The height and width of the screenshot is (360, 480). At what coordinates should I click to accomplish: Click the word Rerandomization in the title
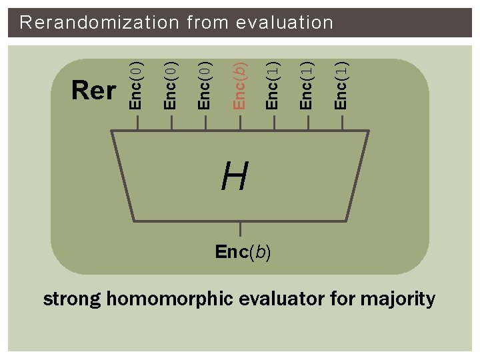pos(99,23)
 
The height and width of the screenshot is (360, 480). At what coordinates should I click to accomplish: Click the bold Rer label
pos(93,90)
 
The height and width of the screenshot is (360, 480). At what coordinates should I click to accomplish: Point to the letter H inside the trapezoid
pos(235,177)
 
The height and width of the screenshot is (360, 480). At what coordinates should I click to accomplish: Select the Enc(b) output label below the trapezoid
pos(243,253)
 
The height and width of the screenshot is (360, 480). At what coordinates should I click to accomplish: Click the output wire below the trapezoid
pos(240,230)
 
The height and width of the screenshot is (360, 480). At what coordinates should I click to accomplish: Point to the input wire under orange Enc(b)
pos(240,123)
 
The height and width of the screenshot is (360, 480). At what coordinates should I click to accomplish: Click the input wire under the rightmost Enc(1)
pos(341,123)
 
